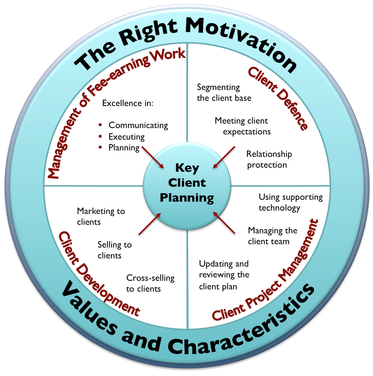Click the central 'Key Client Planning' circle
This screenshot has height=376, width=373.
coord(187,183)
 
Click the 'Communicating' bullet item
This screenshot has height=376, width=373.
coord(138,125)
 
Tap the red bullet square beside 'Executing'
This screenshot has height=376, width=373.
coord(100,136)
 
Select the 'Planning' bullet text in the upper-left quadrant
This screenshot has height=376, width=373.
coord(124,147)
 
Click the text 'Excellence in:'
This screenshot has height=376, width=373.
coord(128,103)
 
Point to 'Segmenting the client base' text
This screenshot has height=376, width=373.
coord(224,93)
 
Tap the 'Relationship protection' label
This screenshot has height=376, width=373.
coord(269,159)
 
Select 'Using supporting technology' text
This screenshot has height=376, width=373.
coord(290,202)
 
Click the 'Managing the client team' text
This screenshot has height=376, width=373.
coord(273,236)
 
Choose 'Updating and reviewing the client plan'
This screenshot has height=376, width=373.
coord(224,275)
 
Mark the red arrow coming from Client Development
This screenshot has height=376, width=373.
coord(150,224)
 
